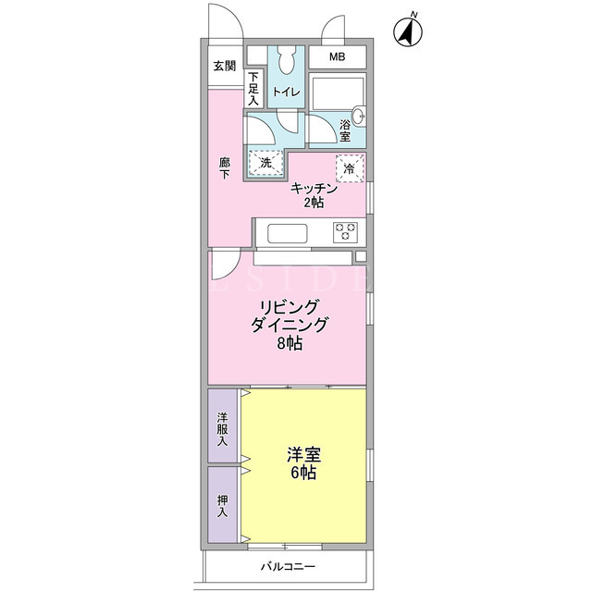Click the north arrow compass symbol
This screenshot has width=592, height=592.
(x=408, y=31)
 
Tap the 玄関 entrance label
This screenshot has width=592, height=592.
(x=225, y=66)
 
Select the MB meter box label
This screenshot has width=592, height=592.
(x=337, y=57)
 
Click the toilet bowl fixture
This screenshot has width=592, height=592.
(x=287, y=59)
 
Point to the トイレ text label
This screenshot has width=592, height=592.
(x=286, y=92)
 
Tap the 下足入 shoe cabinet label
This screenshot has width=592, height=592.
(x=253, y=89)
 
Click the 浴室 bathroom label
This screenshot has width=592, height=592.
(x=345, y=130)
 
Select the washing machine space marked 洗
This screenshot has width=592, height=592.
(x=265, y=163)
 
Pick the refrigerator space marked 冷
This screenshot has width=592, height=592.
(x=350, y=168)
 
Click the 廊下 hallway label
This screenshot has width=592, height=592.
(x=225, y=168)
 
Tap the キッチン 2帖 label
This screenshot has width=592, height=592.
(x=314, y=195)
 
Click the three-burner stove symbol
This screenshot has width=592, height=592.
(x=345, y=232)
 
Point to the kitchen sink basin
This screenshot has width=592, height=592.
(x=288, y=234)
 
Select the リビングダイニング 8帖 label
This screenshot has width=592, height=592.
(x=290, y=325)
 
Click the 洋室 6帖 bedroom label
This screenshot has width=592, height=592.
(x=304, y=463)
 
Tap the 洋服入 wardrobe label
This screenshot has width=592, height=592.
(x=222, y=429)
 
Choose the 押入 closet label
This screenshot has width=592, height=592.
(x=222, y=506)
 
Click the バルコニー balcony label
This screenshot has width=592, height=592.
(x=288, y=567)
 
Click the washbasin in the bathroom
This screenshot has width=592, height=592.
(x=359, y=114)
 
